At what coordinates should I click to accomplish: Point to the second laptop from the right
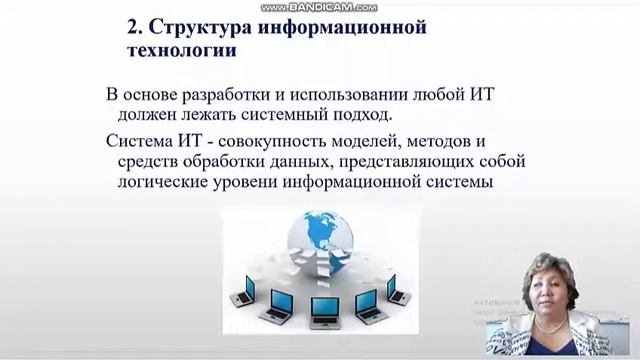pos(367,301)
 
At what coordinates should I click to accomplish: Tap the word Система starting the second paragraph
pos(137,139)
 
